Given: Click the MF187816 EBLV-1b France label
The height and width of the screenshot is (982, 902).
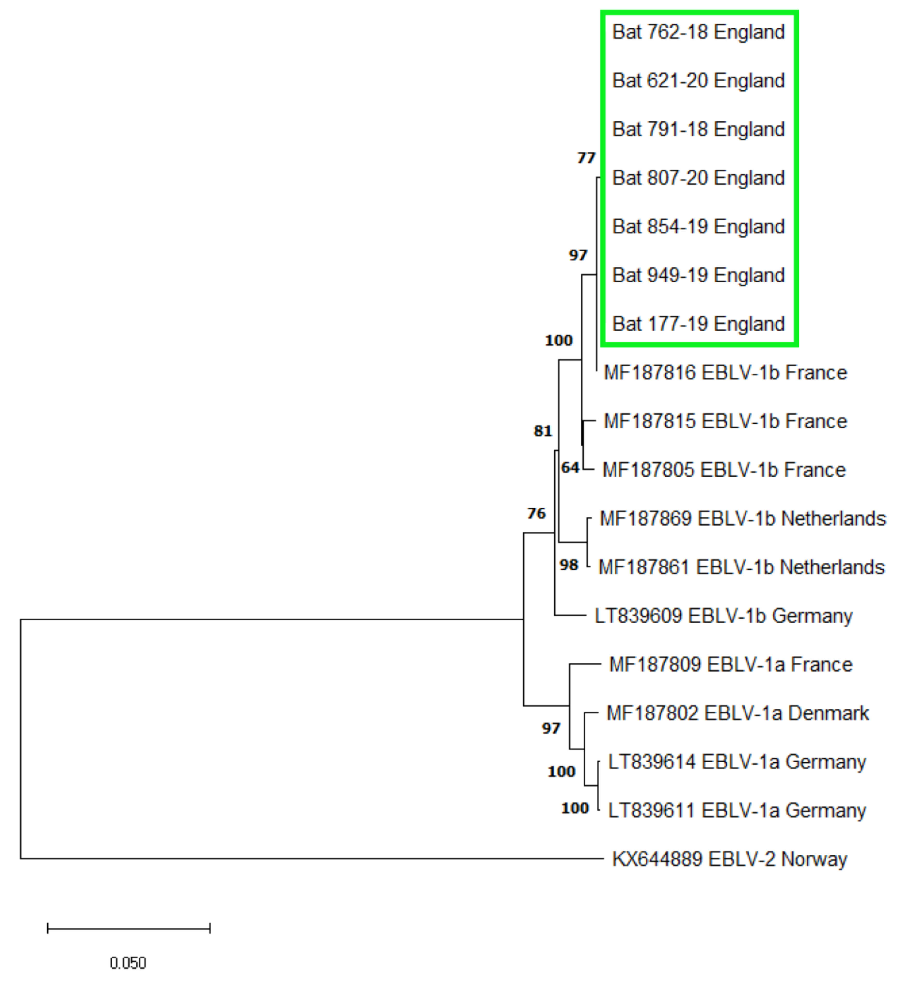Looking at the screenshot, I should (x=725, y=373).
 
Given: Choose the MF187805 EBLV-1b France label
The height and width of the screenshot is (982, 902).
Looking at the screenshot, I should (x=724, y=470).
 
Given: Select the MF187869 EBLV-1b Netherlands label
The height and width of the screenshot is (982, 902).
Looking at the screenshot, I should (x=743, y=519).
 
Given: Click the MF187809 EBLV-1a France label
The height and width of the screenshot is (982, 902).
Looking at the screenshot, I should (x=731, y=665).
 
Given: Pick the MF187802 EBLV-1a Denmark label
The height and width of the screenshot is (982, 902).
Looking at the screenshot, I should (x=738, y=714).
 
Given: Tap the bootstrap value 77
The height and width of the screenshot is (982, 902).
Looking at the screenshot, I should (x=586, y=158).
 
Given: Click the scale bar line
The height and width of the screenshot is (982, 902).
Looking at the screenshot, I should (x=128, y=928).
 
